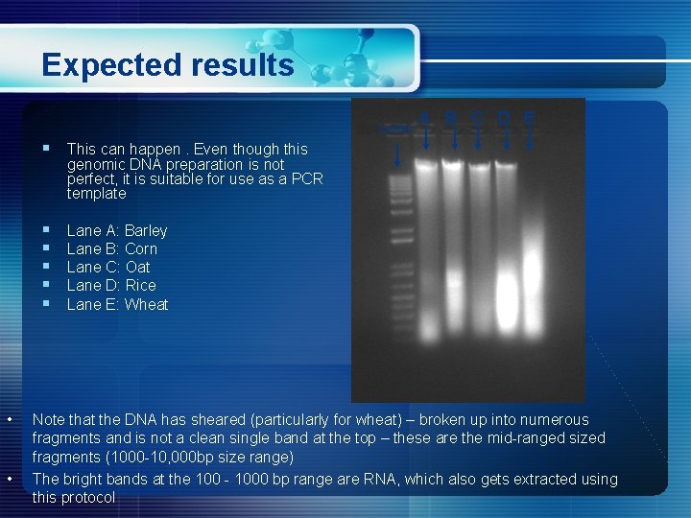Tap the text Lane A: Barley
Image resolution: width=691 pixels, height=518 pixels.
point(117,230)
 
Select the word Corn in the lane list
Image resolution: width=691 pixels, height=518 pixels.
point(141,248)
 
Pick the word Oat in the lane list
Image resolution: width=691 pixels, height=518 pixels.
point(138,267)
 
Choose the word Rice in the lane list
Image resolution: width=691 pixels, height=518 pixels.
point(140,285)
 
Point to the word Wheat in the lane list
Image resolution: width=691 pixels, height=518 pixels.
point(147,304)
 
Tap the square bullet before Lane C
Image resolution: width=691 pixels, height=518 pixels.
point(46,267)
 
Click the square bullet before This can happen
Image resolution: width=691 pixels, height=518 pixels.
point(46,148)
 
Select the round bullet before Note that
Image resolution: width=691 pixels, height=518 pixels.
point(9,419)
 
